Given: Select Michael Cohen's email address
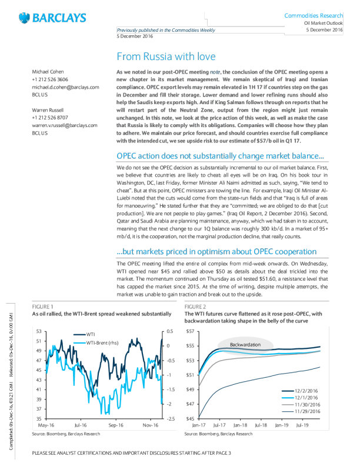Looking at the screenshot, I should tap(65, 86).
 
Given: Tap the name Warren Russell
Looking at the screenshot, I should tap(48, 109).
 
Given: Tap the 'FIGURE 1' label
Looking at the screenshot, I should tap(43, 307).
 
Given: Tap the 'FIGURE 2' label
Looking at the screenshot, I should tap(195, 307).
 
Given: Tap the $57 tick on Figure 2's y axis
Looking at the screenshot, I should tap(190, 332).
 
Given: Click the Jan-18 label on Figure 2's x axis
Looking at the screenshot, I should tap(239, 424).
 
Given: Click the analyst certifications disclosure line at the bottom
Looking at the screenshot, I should tap(132, 453).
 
